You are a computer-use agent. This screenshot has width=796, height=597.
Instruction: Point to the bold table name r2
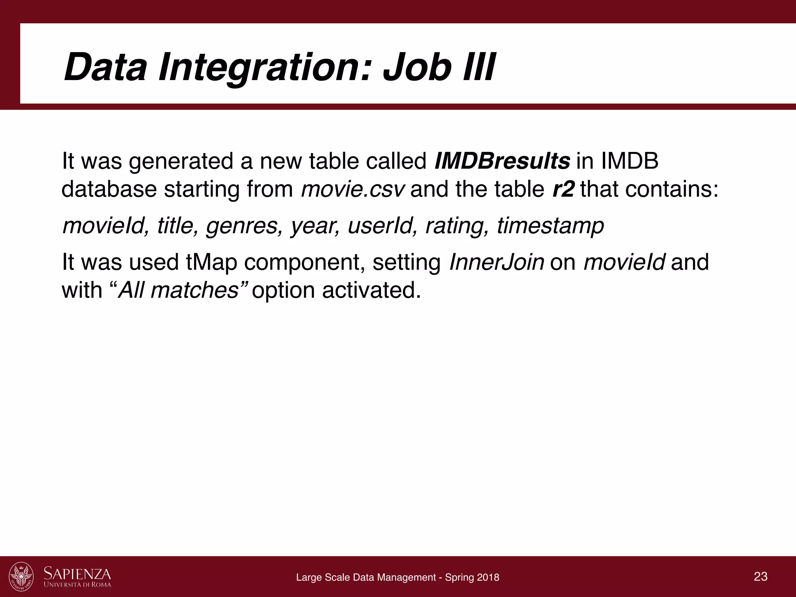point(563,189)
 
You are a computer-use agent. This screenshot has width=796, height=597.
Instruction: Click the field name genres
point(244,225)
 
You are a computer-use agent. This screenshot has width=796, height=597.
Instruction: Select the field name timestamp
point(550,225)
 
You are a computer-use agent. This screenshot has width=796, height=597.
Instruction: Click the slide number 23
point(760,576)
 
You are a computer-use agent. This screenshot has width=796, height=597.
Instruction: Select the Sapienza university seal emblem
point(21,576)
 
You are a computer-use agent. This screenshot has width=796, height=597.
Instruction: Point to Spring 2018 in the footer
point(472,578)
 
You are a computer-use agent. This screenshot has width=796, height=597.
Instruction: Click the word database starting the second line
point(109,189)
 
